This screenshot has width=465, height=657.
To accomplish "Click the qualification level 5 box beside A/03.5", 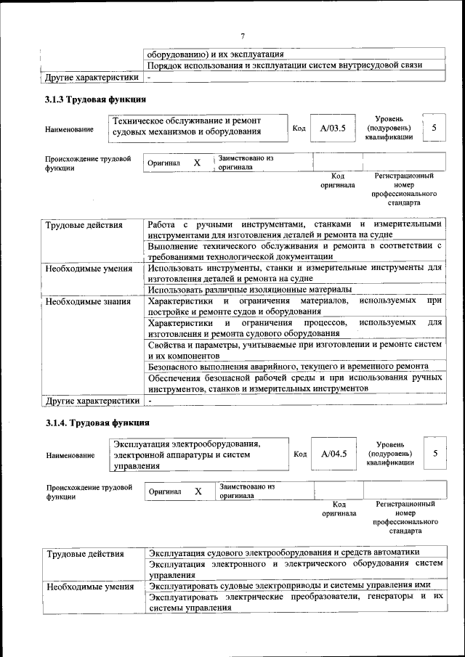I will [x=434, y=128].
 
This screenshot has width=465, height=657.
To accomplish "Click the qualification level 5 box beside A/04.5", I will [x=434, y=453].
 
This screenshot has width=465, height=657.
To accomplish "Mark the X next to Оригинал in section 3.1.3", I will [x=196, y=163].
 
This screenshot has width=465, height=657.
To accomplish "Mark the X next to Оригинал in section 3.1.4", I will [x=198, y=491].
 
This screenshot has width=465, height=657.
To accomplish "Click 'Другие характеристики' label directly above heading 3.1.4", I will [x=92, y=400].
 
